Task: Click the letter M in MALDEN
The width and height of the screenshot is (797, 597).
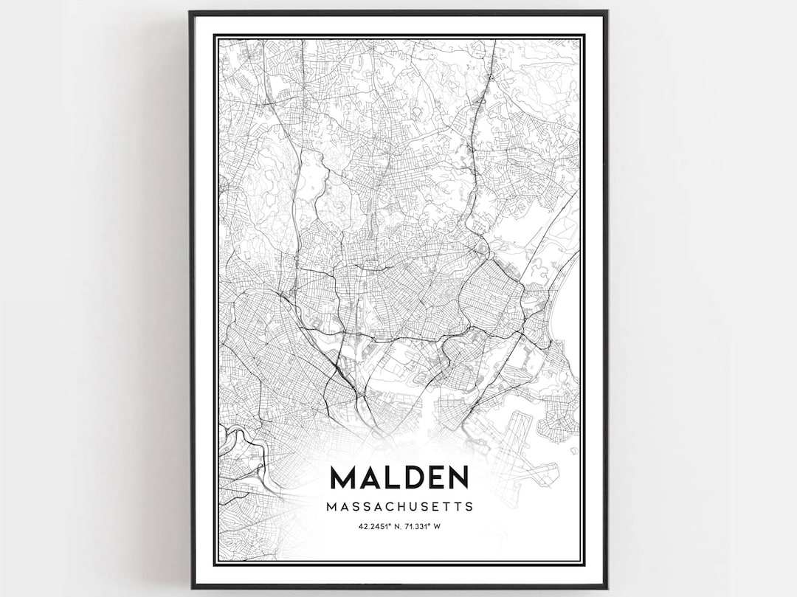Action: click(344, 477)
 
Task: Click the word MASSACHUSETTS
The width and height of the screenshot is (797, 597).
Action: click(399, 507)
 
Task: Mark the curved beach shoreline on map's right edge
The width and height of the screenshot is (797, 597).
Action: click(565, 295)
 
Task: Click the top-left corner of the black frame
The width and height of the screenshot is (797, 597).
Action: click(190, 12)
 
